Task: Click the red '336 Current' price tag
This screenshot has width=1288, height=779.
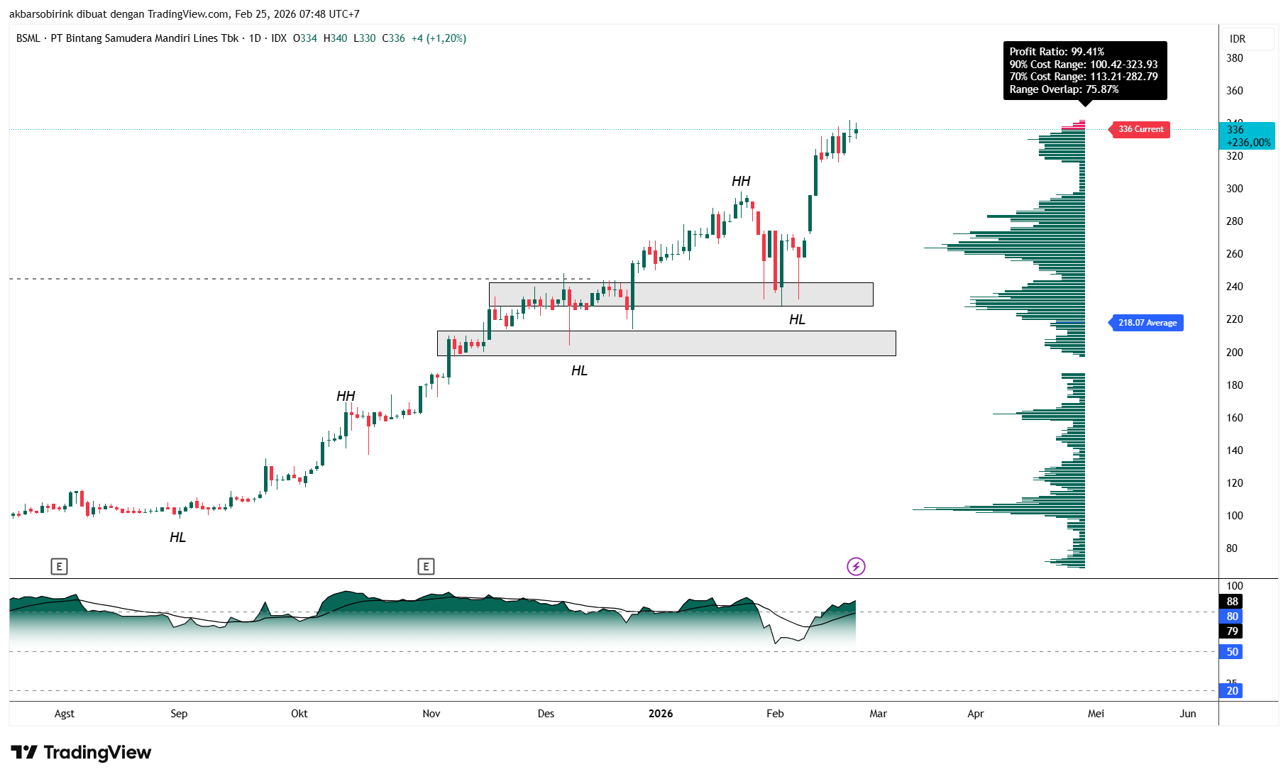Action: point(1140,129)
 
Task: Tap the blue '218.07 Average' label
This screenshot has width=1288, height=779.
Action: point(1147,323)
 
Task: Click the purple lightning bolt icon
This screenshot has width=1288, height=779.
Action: point(856,566)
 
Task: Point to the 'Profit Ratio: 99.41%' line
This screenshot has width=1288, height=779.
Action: point(1057,52)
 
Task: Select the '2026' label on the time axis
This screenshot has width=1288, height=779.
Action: point(661,714)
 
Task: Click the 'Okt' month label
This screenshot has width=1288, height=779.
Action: point(299,714)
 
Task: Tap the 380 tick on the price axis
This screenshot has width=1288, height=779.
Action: point(1235,58)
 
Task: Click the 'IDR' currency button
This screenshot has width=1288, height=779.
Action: point(1238,39)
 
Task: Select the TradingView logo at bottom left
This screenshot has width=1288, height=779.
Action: point(81,752)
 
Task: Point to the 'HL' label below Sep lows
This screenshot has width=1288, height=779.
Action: point(177,538)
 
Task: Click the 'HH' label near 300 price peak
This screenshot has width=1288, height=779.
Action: point(741,182)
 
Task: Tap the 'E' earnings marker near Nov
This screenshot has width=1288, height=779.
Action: point(426,566)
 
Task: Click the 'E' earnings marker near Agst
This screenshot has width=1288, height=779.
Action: point(59,566)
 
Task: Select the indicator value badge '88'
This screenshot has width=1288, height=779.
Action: point(1232,602)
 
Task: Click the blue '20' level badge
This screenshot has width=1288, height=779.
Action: point(1232,691)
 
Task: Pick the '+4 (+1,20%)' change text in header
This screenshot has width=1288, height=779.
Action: point(439,38)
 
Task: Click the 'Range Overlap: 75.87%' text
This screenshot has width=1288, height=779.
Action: point(1064,89)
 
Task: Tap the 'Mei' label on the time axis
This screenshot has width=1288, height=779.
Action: point(1096,714)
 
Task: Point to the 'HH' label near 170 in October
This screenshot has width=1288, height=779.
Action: point(346,397)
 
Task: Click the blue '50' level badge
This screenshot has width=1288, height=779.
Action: point(1232,652)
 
